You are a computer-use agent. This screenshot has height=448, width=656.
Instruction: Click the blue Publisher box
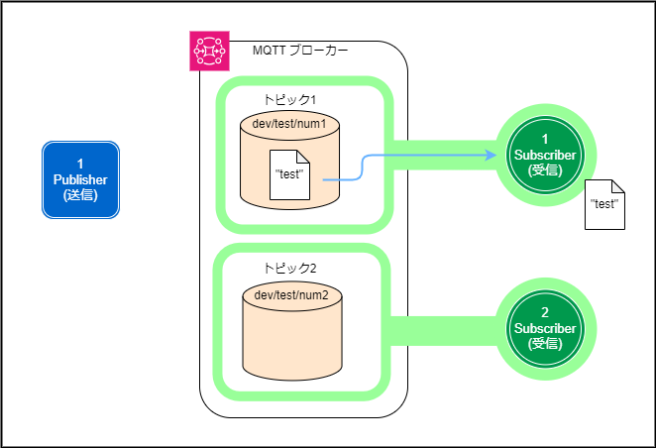tap(80, 179)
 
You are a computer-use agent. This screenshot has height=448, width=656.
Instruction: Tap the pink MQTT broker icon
tap(209, 52)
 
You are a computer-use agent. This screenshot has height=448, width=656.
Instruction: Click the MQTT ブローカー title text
tap(300, 51)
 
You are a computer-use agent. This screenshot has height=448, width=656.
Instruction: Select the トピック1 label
tap(289, 101)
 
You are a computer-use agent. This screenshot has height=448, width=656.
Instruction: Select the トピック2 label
tap(289, 269)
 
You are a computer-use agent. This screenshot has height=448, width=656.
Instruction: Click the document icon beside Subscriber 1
tap(603, 205)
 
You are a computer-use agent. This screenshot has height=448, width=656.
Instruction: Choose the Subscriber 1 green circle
tap(545, 155)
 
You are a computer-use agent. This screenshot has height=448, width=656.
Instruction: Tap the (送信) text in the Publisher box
tap(80, 195)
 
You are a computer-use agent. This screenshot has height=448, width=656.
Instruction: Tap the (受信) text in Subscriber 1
tap(545, 169)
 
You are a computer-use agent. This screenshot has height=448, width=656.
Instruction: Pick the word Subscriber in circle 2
tap(545, 328)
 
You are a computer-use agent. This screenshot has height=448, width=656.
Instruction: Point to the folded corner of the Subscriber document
tap(616, 188)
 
